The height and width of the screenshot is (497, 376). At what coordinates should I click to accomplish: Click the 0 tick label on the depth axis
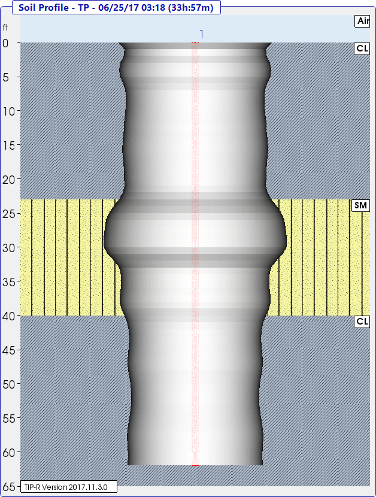(x=5, y=43)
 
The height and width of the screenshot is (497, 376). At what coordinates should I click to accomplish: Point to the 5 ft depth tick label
(x=6, y=77)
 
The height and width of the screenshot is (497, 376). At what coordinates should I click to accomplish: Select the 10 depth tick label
(x=9, y=111)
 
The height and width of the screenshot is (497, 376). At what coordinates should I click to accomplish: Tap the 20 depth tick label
(x=9, y=180)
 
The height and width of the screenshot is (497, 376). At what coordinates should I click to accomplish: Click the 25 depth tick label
(x=9, y=214)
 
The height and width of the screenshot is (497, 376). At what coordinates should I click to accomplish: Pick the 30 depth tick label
(x=9, y=248)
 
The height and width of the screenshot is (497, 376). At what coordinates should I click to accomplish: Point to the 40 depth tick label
(x=9, y=316)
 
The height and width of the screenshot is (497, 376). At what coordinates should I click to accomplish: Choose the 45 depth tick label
(x=9, y=350)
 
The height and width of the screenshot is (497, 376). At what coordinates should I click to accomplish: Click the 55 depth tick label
(x=9, y=419)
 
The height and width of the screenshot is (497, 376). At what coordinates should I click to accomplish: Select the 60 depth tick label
(x=9, y=453)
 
